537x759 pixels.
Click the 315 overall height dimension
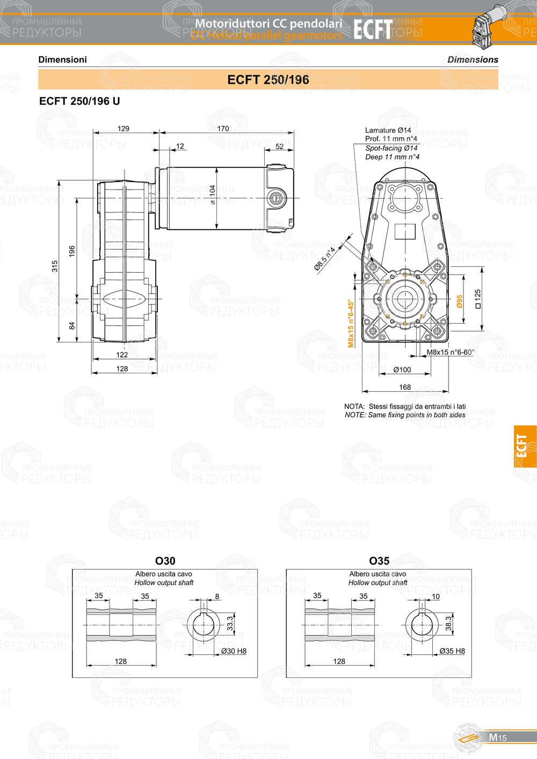coord(55,266)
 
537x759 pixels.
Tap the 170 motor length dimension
coord(223,129)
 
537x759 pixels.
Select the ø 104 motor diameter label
coord(213,195)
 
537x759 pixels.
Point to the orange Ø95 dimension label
coord(460,302)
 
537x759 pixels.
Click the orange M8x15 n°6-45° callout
coord(351,323)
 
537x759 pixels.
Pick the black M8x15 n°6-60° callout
coord(450,353)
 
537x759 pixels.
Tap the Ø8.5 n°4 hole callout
coord(325,258)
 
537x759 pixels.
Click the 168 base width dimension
coord(405,387)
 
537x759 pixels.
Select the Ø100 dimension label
coord(402,370)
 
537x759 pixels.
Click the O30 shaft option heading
coord(165,561)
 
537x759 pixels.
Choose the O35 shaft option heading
coord(379,561)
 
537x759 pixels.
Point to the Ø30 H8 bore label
coord(234,651)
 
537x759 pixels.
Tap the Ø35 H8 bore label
coord(452,651)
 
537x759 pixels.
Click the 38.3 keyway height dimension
coord(448,623)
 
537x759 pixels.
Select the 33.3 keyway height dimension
coord(230,623)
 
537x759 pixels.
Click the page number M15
coord(497,738)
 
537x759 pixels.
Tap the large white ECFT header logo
coord(373,30)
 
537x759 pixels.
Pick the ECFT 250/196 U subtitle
coord(79,101)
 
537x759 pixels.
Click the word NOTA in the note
coord(354,406)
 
